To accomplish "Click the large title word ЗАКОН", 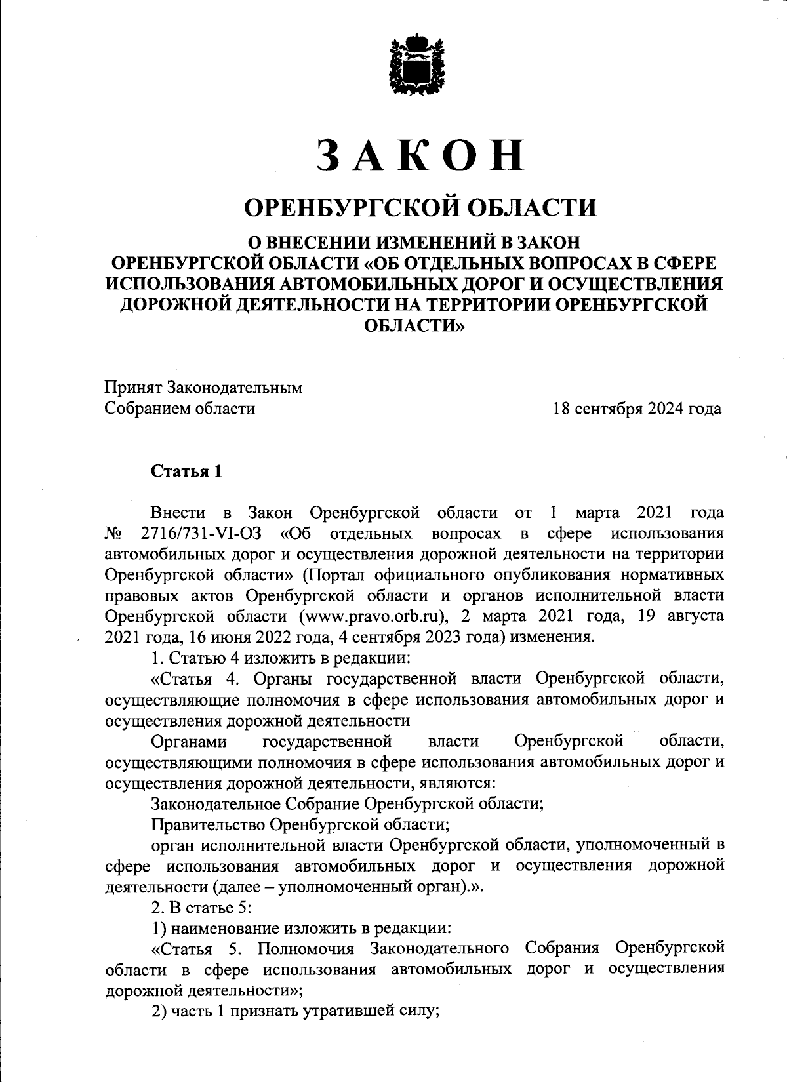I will (420, 155).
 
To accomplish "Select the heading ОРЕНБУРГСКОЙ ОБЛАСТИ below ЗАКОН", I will (420, 208).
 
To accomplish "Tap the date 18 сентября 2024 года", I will (637, 409).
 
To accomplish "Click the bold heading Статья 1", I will (187, 471).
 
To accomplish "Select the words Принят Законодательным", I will (204, 388).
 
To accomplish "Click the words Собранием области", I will (180, 409).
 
